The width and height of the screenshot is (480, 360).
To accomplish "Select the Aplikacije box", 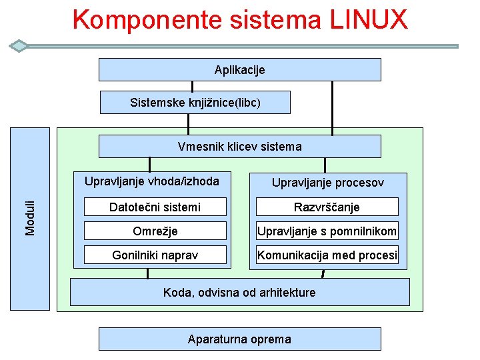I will (239, 69).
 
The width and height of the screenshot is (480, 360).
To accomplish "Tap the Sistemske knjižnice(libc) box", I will (195, 103).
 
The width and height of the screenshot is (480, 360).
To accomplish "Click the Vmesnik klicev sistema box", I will (239, 146).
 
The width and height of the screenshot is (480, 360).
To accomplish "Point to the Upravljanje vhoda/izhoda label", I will (151, 181).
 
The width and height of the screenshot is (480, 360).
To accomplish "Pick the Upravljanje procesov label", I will (327, 183).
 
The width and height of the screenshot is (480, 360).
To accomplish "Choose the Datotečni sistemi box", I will (155, 207).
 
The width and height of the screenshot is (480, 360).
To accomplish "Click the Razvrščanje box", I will (327, 207).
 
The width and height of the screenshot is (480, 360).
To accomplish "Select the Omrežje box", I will (155, 231).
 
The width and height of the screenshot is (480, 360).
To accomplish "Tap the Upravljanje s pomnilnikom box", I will (327, 231).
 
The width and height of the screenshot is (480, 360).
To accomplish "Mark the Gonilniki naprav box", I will (155, 255).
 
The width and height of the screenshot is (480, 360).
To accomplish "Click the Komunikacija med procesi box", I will (327, 255).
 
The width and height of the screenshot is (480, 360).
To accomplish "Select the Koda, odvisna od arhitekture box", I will (239, 292).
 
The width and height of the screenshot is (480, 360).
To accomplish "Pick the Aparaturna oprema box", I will (239, 339).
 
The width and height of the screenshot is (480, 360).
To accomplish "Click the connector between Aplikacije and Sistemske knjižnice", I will (192, 86).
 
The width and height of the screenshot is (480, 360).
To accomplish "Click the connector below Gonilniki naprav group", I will (147, 273).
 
